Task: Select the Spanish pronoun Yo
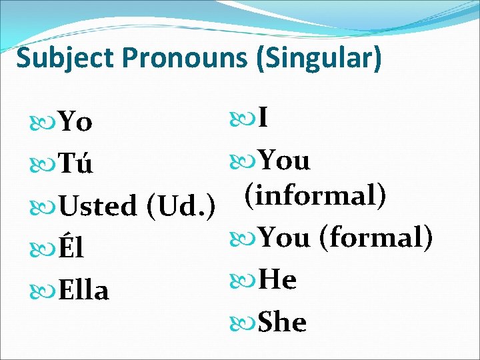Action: click(75, 122)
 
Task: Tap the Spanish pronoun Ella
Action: click(83, 289)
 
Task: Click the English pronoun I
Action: click(263, 118)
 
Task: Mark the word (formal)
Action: click(377, 237)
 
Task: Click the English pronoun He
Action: click(277, 279)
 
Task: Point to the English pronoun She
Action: click(282, 321)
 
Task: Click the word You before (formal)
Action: click(284, 237)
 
